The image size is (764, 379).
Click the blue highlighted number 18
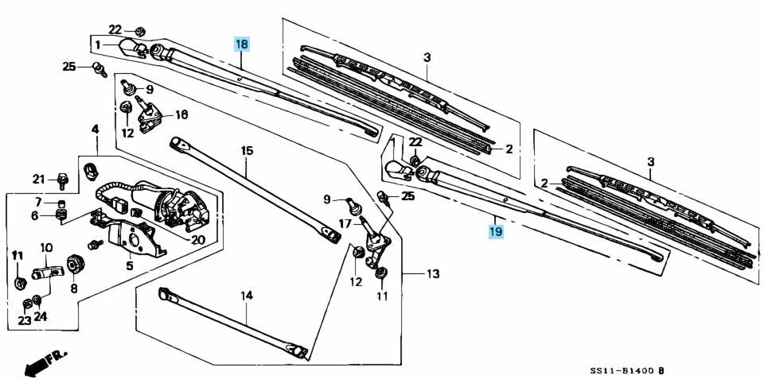[x=242, y=44]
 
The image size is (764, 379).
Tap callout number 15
[x=247, y=150]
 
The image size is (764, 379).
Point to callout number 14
[x=247, y=296]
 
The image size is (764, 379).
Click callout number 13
[x=432, y=275]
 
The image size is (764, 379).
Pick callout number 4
[x=95, y=129]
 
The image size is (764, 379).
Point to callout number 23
[x=25, y=321]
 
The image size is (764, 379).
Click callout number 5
[x=129, y=265]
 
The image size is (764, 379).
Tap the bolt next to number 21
[x=61, y=179]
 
